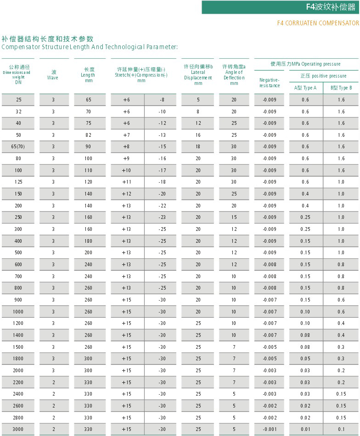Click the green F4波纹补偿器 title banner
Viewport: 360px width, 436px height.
pyautogui.click(x=281, y=7)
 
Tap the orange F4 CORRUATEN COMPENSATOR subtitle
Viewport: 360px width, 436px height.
pyautogui.click(x=318, y=23)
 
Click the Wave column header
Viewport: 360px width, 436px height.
pyautogui.click(x=54, y=75)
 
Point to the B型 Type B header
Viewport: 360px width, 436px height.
pyautogui.click(x=341, y=88)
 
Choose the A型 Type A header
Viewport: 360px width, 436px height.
pyautogui.click(x=305, y=88)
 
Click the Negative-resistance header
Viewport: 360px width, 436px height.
pyautogui.click(x=270, y=83)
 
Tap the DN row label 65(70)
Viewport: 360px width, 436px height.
pyautogui.click(x=18, y=146)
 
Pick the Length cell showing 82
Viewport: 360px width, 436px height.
pyautogui.click(x=89, y=135)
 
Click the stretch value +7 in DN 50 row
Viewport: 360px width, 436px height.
pyautogui.click(x=126, y=135)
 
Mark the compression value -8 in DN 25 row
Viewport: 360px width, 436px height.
pyautogui.click(x=162, y=100)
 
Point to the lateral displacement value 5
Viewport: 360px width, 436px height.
pyautogui.click(x=198, y=100)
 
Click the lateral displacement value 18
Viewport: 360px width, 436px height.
pyautogui.click(x=198, y=146)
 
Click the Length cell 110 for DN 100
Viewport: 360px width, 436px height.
pyautogui.click(x=89, y=170)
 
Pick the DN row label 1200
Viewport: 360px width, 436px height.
pyautogui.click(x=18, y=324)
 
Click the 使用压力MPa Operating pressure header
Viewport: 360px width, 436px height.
pyautogui.click(x=305, y=64)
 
